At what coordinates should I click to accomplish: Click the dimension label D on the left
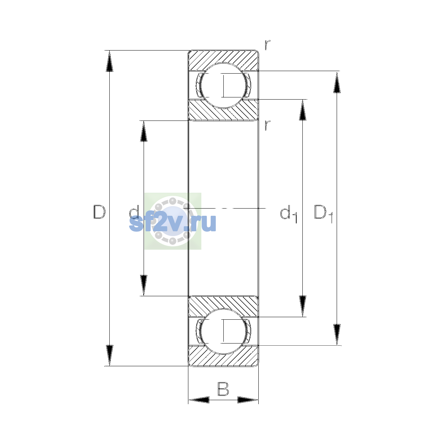(99, 212)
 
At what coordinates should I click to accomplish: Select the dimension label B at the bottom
(223, 389)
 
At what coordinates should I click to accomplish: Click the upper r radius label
(267, 45)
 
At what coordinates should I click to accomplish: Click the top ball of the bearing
(223, 86)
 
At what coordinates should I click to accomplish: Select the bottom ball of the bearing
(223, 332)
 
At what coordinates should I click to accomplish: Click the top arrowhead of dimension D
(109, 61)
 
